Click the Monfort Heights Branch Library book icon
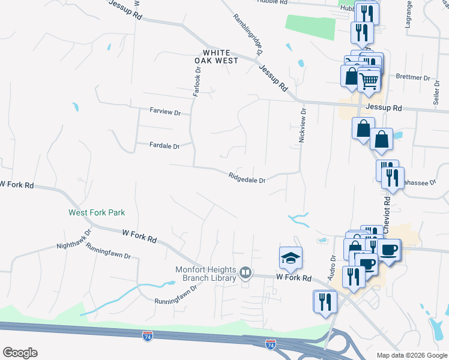click(245, 274)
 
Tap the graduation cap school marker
click(291, 258)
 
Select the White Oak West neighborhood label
click(216, 56)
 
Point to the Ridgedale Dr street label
click(247, 177)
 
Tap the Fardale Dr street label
click(164, 145)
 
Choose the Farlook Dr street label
click(196, 82)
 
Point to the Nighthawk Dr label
click(74, 239)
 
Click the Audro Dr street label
click(332, 267)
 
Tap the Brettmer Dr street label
click(414, 77)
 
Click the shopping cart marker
click(369, 80)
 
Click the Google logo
click(20, 353)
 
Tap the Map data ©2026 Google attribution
click(412, 355)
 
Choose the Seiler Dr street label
click(436, 91)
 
